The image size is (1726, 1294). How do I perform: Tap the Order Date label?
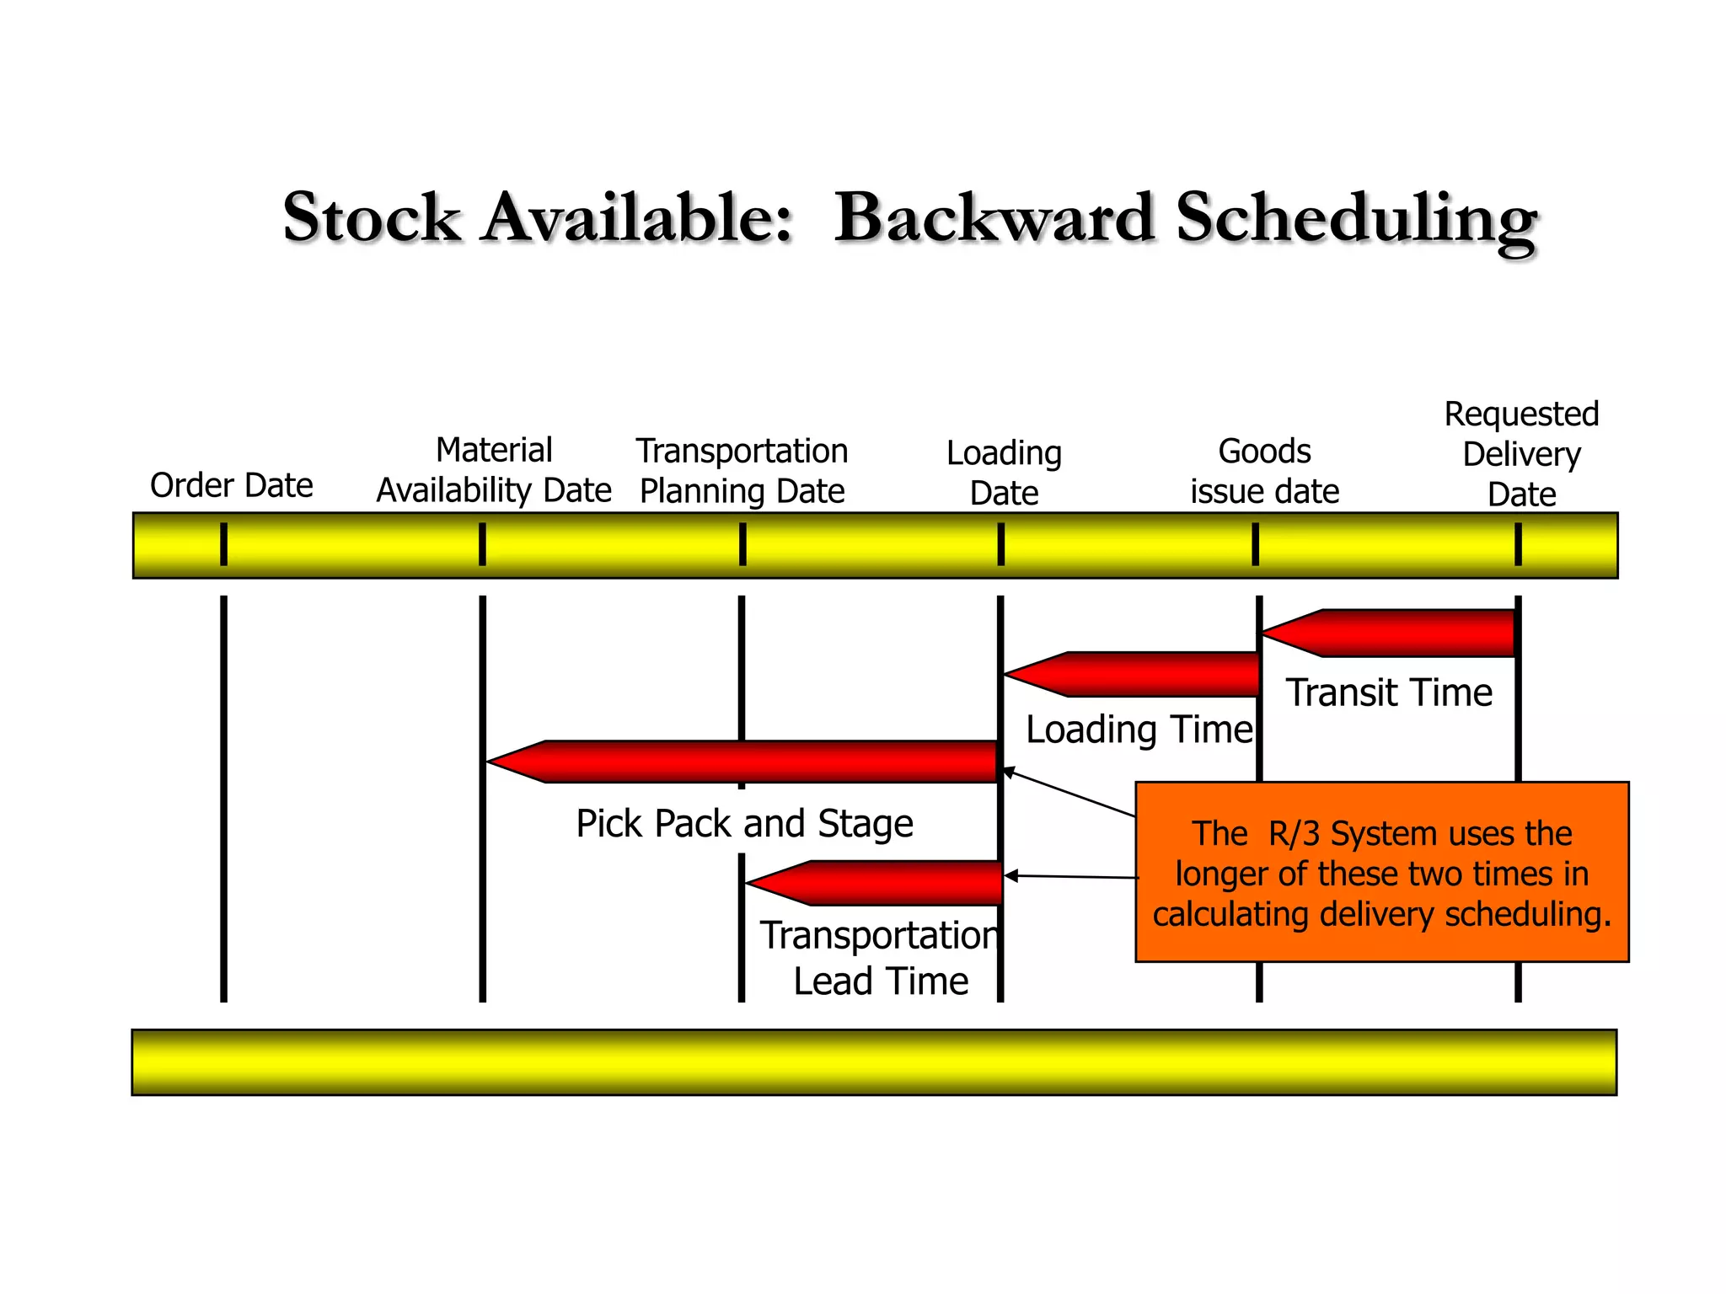[x=232, y=485]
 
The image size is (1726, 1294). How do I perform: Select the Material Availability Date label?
[x=494, y=470]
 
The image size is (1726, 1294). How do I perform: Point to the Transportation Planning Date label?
[x=742, y=471]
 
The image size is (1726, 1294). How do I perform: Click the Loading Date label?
[x=1004, y=473]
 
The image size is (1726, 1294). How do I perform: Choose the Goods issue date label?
[x=1264, y=471]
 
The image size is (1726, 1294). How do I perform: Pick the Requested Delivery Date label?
[x=1521, y=454]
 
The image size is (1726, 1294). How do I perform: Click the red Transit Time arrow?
[x=1399, y=633]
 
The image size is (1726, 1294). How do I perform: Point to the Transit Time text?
[x=1389, y=692]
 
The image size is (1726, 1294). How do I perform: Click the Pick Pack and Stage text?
[x=744, y=823]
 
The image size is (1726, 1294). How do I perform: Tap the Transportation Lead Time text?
[x=881, y=958]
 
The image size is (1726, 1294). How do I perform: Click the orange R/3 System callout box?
[x=1382, y=873]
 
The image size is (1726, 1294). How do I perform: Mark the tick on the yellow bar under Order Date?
[x=223, y=544]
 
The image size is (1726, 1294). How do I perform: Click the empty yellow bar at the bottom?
[x=874, y=1062]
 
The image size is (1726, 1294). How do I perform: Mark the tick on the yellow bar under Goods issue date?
[x=1256, y=544]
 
